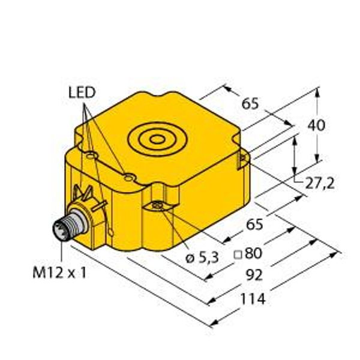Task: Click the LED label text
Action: click(82, 93)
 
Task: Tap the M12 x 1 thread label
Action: click(59, 273)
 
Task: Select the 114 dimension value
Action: click(253, 299)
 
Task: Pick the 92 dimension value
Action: click(254, 275)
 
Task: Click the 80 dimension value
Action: click(253, 253)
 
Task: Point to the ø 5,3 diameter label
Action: click(202, 259)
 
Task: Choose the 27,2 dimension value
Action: click(320, 183)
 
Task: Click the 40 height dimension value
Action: click(316, 125)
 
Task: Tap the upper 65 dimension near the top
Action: click(250, 104)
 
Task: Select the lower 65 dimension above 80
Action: click(254, 224)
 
